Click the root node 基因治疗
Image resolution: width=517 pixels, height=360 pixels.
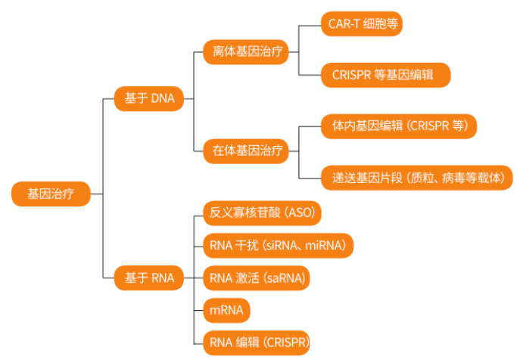[x=51, y=194]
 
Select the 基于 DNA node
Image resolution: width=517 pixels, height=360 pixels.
[x=148, y=99]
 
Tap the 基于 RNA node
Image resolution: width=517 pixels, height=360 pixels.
[x=148, y=278]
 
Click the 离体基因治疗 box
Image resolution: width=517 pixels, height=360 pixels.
[x=246, y=52]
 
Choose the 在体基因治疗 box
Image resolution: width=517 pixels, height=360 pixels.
[x=246, y=151]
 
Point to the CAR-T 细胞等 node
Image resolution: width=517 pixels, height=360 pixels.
[x=360, y=23]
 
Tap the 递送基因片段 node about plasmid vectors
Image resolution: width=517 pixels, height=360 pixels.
[x=417, y=178]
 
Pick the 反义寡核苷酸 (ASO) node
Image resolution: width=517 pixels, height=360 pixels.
[x=262, y=213]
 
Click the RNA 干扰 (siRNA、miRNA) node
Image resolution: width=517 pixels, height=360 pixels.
[x=278, y=245]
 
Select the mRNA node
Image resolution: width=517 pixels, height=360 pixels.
[x=227, y=310]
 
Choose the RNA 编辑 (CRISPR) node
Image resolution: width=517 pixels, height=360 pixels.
[x=257, y=342]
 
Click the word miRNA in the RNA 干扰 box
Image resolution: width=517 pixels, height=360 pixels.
[x=326, y=245]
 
